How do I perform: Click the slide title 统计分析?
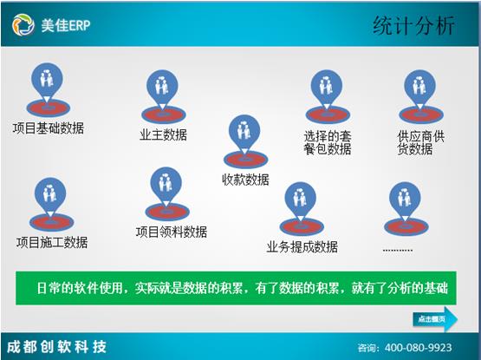413,25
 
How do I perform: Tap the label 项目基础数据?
49,128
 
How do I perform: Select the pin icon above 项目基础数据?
48,88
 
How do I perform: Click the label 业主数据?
163,134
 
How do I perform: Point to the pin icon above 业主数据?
162,95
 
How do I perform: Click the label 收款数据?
245,180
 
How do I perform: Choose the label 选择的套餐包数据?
327,142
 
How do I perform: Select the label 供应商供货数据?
420,142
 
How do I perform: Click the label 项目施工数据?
52,242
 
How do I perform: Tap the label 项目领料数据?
172,232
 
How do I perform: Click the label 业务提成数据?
302,246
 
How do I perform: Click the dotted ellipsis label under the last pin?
397,247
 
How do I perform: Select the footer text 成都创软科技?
56,347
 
